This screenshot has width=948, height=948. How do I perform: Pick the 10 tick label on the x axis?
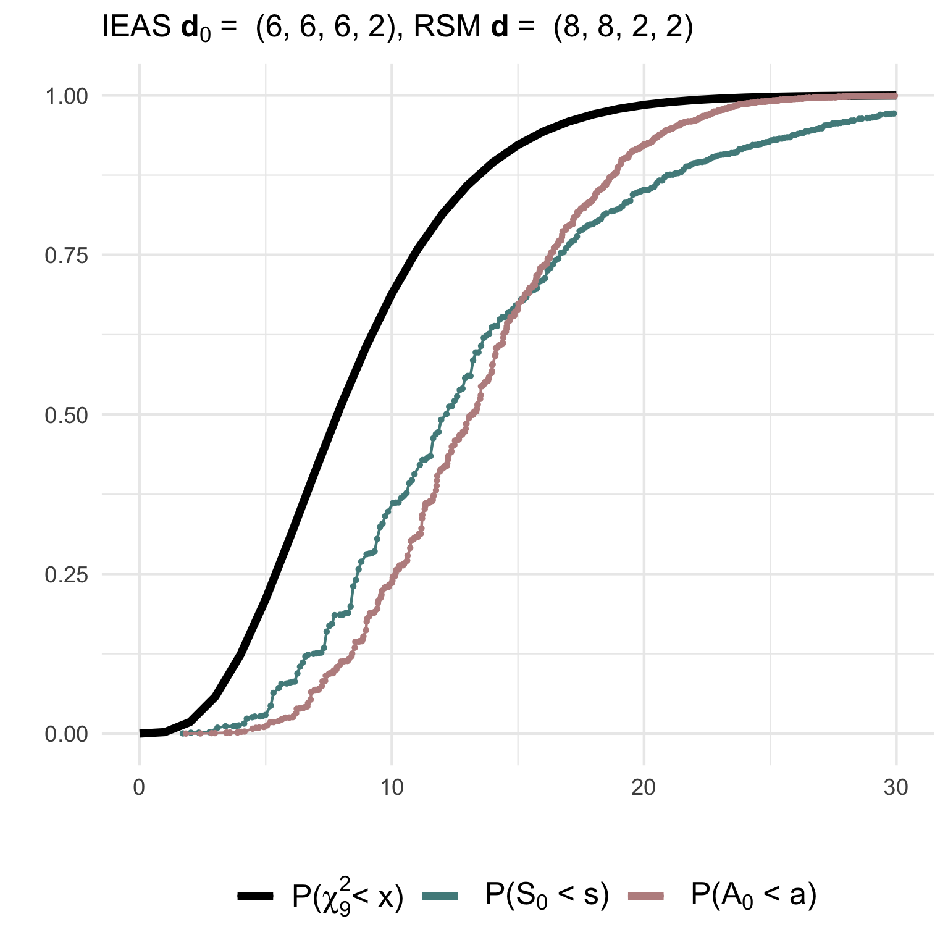pyautogui.click(x=392, y=788)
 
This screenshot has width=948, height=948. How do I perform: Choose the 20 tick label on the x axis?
pyautogui.click(x=644, y=788)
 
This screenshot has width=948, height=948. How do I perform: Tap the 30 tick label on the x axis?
pyautogui.click(x=896, y=788)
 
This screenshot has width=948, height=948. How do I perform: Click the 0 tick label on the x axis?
pyautogui.click(x=140, y=788)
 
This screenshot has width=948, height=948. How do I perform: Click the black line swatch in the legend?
pyautogui.click(x=255, y=896)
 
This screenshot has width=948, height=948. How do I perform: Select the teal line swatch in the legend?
pyautogui.click(x=440, y=896)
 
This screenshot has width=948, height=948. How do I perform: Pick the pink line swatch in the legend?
pyautogui.click(x=645, y=896)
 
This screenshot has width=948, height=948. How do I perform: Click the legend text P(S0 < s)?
pyautogui.click(x=547, y=896)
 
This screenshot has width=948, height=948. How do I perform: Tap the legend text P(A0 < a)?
pyautogui.click(x=753, y=896)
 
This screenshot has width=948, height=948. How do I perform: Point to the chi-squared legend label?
pyautogui.click(x=348, y=897)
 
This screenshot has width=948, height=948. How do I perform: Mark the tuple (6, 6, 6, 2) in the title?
pyautogui.click(x=325, y=28)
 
